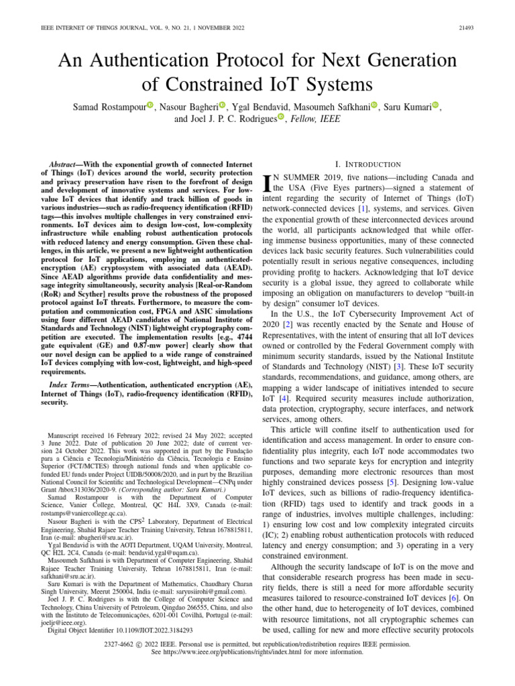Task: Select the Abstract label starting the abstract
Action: point(68,164)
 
